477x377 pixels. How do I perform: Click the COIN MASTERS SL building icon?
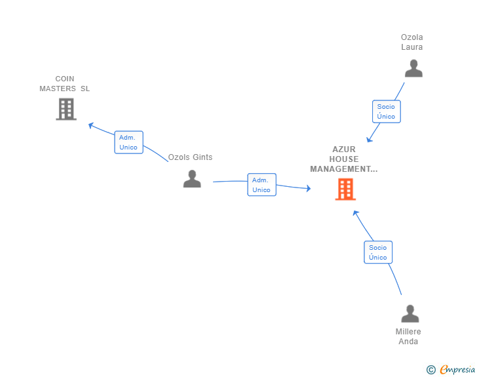tap(66, 109)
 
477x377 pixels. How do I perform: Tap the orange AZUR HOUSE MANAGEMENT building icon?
tap(345, 189)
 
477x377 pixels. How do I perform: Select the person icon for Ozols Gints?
tap(192, 179)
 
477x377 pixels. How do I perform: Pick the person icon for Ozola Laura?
tap(413, 68)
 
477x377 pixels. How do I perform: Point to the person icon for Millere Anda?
tap(410, 313)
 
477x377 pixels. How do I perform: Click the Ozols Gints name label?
tap(190, 157)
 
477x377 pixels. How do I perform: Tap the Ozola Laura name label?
tap(412, 42)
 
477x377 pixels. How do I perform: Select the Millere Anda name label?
tap(408, 336)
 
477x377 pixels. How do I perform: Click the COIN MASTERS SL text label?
tap(64, 84)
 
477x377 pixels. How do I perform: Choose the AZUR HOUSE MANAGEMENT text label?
tap(344, 159)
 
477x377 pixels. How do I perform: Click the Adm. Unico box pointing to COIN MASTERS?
tap(128, 142)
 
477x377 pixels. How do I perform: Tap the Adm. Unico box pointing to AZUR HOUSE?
tap(261, 184)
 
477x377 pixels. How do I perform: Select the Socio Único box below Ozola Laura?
tap(387, 111)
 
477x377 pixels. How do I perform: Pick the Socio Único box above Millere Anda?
tap(378, 252)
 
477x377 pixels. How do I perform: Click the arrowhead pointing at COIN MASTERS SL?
tap(90, 125)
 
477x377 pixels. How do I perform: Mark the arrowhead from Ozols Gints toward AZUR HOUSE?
tap(309, 189)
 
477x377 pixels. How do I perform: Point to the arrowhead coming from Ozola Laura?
tap(369, 140)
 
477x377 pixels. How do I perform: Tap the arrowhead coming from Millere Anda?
tap(355, 213)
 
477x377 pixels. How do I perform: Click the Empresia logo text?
tap(457, 370)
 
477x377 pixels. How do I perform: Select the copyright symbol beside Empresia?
tap(431, 370)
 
